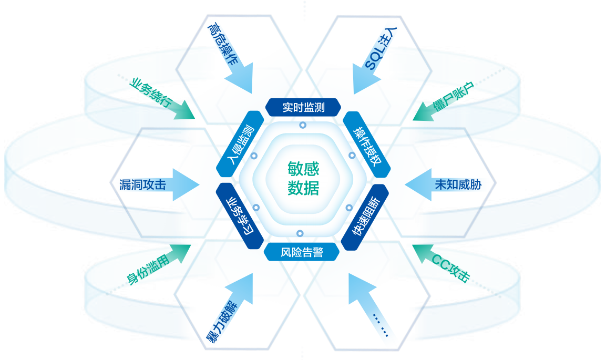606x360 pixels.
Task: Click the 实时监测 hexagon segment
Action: click(303, 108)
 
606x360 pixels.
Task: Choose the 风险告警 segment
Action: click(301, 253)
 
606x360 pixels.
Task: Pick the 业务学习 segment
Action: click(240, 216)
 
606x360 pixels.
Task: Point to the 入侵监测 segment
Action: click(240, 144)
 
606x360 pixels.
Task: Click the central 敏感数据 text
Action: click(303, 178)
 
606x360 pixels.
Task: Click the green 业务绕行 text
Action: click(150, 94)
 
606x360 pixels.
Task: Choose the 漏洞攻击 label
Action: click(142, 184)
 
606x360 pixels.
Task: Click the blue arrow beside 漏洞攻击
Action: click(184, 184)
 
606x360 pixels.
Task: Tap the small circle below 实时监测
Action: click(302, 125)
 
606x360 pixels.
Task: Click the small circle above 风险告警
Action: click(300, 233)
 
